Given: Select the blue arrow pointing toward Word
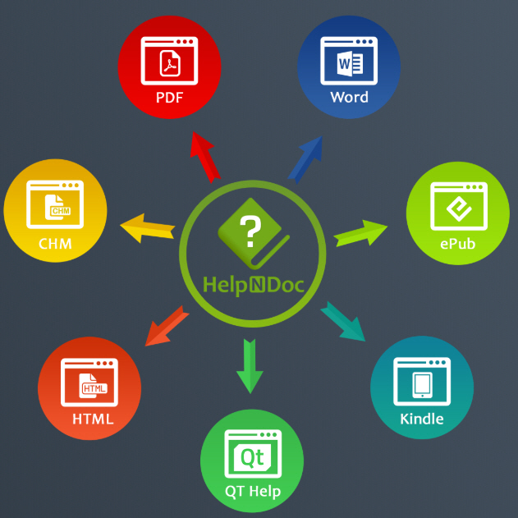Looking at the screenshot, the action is [x=305, y=158].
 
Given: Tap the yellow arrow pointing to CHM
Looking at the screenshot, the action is [x=148, y=227].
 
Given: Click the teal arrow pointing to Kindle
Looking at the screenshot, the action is [x=343, y=321].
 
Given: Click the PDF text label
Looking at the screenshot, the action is [x=169, y=98].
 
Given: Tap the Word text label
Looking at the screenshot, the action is [x=349, y=97].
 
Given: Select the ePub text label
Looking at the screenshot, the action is [x=457, y=244].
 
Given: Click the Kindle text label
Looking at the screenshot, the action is [x=422, y=419].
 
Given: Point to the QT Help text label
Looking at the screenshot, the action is [x=253, y=491].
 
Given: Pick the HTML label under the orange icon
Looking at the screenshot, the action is [x=92, y=419].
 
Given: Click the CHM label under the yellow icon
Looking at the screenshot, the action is [x=55, y=243].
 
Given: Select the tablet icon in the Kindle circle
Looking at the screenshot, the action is [x=422, y=383].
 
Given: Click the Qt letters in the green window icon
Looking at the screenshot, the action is [x=251, y=456].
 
